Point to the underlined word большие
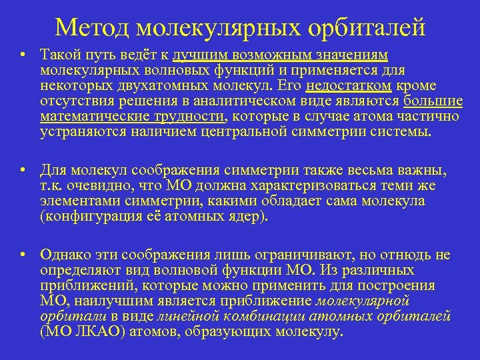434,101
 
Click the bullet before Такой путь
23,55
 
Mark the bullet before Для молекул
23,170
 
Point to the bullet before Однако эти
23,255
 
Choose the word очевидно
99,186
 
